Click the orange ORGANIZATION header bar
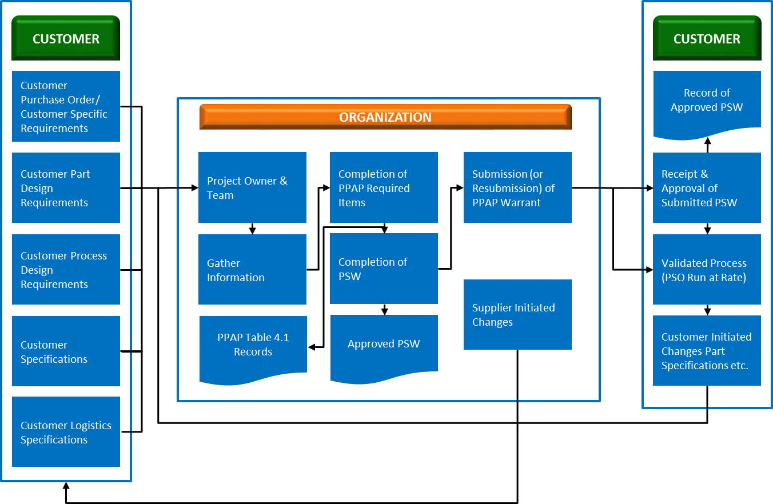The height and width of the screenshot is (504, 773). click(385, 117)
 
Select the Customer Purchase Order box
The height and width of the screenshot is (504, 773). click(66, 106)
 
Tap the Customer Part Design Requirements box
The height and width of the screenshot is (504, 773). click(66, 187)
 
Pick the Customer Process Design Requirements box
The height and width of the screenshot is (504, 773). click(66, 269)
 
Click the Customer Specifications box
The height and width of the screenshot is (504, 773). click(66, 351)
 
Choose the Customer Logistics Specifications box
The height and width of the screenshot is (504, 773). click(66, 431)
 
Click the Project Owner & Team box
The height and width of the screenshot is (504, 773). click(252, 187)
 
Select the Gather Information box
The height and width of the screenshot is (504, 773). click(252, 269)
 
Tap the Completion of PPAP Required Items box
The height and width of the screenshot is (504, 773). click(384, 187)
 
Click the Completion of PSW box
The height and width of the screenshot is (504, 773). click(384, 268)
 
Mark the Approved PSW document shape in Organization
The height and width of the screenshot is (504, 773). click(384, 345)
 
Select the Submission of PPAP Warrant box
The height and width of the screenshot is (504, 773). click(517, 187)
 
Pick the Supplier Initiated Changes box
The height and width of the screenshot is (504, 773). click(517, 314)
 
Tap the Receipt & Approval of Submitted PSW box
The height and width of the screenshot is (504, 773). click(707, 187)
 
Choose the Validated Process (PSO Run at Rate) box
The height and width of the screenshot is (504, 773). click(707, 269)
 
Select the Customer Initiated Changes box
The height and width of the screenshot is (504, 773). click(707, 350)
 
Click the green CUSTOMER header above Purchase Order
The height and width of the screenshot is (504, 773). click(66, 38)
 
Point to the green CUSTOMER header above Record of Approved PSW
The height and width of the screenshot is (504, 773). click(707, 38)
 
